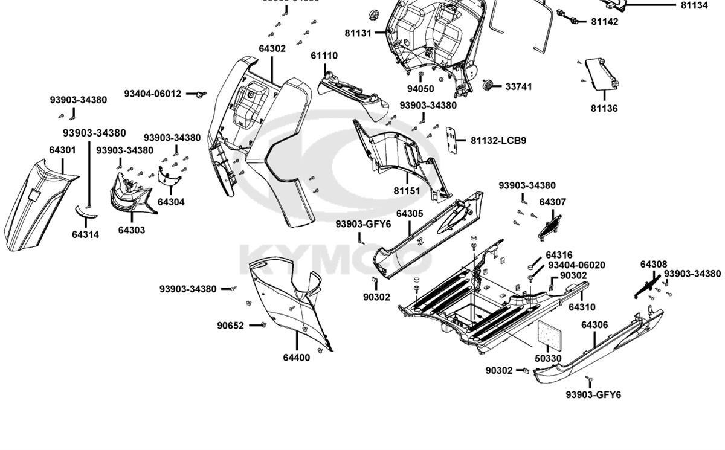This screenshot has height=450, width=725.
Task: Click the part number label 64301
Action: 62,149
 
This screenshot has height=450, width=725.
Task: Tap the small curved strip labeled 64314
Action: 85,211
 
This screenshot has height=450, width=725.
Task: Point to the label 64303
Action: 131,230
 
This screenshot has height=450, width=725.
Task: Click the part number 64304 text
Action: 171,202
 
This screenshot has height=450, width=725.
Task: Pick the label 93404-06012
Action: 152,94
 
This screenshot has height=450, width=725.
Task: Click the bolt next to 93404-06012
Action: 200,94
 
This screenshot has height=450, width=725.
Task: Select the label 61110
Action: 324,56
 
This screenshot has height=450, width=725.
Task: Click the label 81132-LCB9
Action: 498,141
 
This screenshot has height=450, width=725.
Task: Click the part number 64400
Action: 296,358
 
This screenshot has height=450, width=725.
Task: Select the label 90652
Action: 231,326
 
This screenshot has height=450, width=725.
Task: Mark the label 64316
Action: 559,256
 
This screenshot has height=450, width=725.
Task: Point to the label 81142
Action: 604,22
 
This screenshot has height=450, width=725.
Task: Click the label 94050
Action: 420,89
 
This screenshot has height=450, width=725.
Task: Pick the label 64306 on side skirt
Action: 594,325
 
